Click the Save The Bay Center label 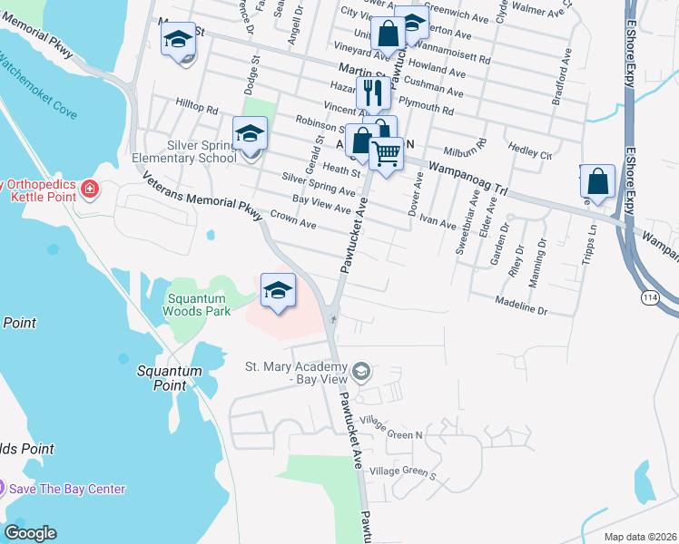pyautogui.click(x=66, y=489)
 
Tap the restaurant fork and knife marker pyautogui.click(x=372, y=92)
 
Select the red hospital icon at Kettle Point pyautogui.click(x=89, y=189)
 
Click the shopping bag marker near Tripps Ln pyautogui.click(x=599, y=181)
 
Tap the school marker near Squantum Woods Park pyautogui.click(x=279, y=290)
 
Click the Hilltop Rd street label pyautogui.click(x=198, y=109)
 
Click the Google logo pyautogui.click(x=30, y=533)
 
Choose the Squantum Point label pyautogui.click(x=168, y=377)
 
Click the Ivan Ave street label pyautogui.click(x=438, y=222)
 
